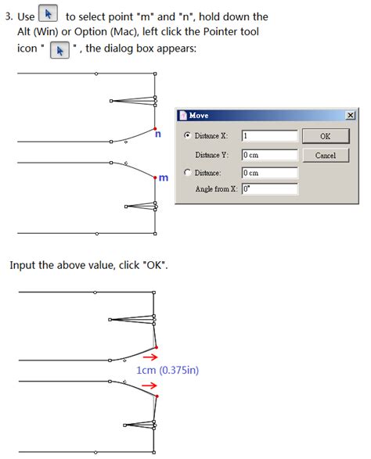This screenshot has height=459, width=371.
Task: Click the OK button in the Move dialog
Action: tap(326, 136)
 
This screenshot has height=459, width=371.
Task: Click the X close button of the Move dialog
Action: tap(350, 115)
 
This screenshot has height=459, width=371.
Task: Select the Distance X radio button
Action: tap(187, 135)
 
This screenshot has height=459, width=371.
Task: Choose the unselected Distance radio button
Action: tap(187, 172)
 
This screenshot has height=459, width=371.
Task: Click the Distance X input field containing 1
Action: tap(269, 136)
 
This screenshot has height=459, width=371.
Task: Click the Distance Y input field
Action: tap(269, 155)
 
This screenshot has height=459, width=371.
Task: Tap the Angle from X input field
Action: tap(269, 188)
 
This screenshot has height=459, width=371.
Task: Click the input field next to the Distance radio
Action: tap(269, 173)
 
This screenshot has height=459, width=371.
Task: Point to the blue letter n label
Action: tap(158, 134)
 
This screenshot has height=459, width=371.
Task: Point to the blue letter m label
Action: tap(164, 178)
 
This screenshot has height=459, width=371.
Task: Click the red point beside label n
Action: tap(155, 128)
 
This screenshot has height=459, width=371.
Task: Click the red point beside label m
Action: tap(155, 178)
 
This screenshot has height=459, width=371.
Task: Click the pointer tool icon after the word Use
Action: tap(48, 13)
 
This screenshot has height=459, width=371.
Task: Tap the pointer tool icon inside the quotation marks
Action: tap(59, 50)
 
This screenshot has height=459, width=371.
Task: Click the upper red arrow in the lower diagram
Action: tap(150, 357)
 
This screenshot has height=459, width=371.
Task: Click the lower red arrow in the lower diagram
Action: tap(149, 385)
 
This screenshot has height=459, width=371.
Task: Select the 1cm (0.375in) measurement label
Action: tap(167, 371)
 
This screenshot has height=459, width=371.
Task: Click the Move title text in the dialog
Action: tap(199, 115)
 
